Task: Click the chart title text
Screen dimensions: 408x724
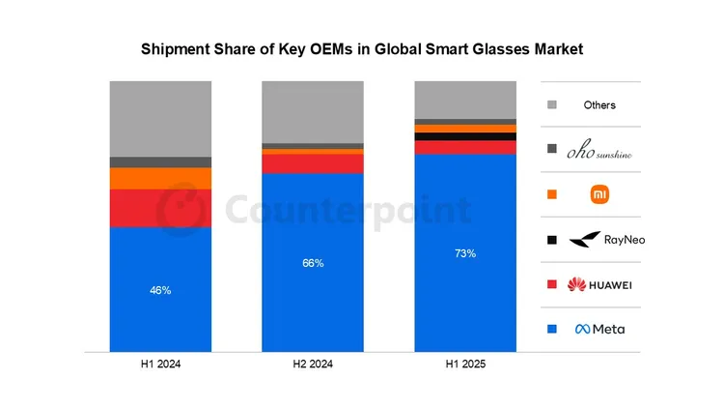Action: (362, 47)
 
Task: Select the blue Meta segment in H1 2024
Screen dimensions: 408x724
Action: (160, 289)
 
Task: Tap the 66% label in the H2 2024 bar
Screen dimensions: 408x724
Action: (313, 263)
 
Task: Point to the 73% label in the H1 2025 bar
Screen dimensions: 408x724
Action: (465, 253)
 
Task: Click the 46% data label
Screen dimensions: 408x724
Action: (160, 290)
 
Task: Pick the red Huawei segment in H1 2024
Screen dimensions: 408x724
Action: (160, 208)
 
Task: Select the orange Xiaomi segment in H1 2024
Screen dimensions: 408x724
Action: (160, 179)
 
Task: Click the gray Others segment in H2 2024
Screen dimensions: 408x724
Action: (313, 111)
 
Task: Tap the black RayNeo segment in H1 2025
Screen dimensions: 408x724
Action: (465, 136)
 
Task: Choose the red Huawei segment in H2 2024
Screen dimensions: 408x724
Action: (313, 163)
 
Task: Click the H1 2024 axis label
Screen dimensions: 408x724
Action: (160, 364)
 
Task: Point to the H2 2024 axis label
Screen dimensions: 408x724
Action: (313, 364)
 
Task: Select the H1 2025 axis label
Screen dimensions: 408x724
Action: (465, 364)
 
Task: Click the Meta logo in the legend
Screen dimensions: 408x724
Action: (599, 329)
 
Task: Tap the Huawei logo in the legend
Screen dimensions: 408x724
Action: (599, 284)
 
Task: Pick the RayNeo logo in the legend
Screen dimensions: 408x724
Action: (599, 239)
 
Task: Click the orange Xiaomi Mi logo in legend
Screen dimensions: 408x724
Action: (599, 194)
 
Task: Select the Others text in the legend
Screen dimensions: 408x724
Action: (599, 104)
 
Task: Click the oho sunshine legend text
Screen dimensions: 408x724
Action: (599, 150)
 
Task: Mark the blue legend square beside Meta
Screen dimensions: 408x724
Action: (551, 329)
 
